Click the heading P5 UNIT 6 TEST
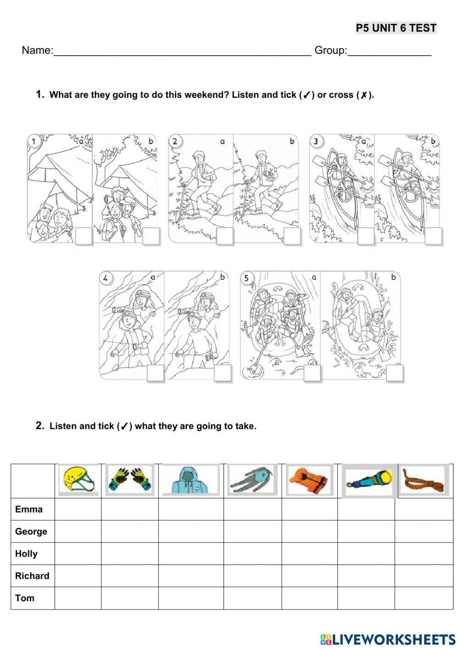click(x=396, y=28)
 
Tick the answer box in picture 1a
click(x=84, y=236)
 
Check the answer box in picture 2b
click(x=292, y=236)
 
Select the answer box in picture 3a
click(x=366, y=236)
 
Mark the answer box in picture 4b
click(x=223, y=373)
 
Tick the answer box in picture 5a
click(x=312, y=373)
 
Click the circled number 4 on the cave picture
click(x=106, y=278)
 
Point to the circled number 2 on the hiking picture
click(x=175, y=141)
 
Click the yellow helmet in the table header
click(x=78, y=480)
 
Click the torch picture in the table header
click(x=369, y=480)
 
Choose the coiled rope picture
click(x=424, y=480)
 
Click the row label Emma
click(x=28, y=509)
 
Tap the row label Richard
click(x=32, y=576)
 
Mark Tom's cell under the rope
click(x=424, y=598)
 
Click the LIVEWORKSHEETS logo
click(x=388, y=639)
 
